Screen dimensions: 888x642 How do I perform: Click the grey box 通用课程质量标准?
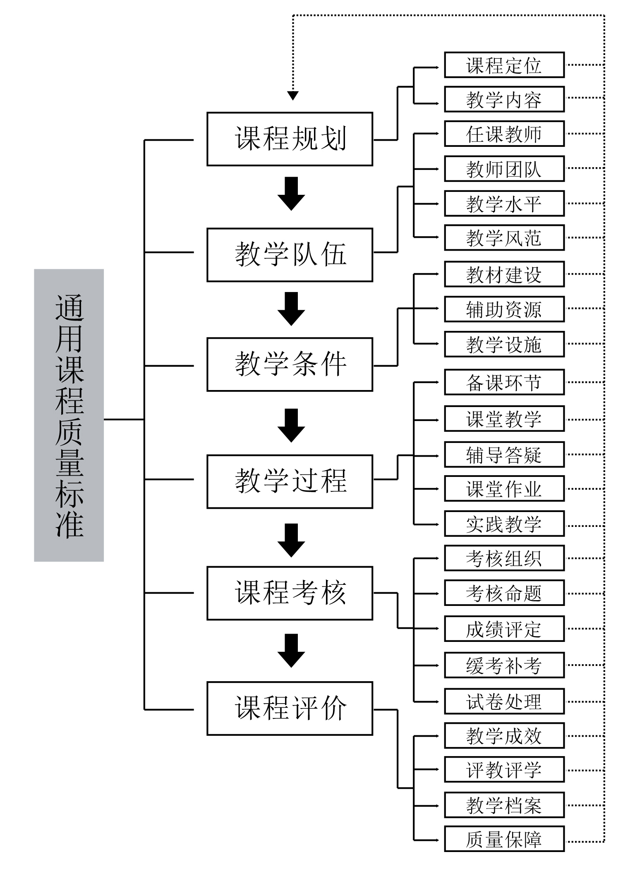tap(69, 415)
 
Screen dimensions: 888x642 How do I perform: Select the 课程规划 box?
tap(290, 139)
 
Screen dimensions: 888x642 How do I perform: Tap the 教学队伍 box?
tap(290, 255)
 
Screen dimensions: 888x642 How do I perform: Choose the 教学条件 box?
tap(290, 364)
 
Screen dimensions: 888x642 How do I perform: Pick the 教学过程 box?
tap(290, 481)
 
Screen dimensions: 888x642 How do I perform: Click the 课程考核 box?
tap(290, 593)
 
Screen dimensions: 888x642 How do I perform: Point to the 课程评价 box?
tap(290, 708)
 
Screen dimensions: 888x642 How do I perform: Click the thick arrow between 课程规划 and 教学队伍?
tap(291, 194)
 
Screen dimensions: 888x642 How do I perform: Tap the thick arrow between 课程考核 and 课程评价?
tap(291, 650)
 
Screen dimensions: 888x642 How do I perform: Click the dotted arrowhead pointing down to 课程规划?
tap(293, 96)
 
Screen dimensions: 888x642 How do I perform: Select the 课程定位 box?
tap(504, 65)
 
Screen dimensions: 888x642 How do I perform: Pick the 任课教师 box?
tap(504, 134)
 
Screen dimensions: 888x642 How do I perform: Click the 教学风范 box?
tap(504, 237)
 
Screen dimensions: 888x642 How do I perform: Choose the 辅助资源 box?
tap(504, 309)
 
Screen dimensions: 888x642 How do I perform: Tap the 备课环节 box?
tap(504, 383)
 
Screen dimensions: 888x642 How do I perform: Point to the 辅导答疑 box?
tap(504, 455)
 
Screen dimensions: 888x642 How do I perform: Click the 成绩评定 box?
tap(504, 629)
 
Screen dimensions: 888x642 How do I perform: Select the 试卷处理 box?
tap(504, 701)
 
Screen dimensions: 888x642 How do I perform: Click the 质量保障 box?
tap(504, 839)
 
